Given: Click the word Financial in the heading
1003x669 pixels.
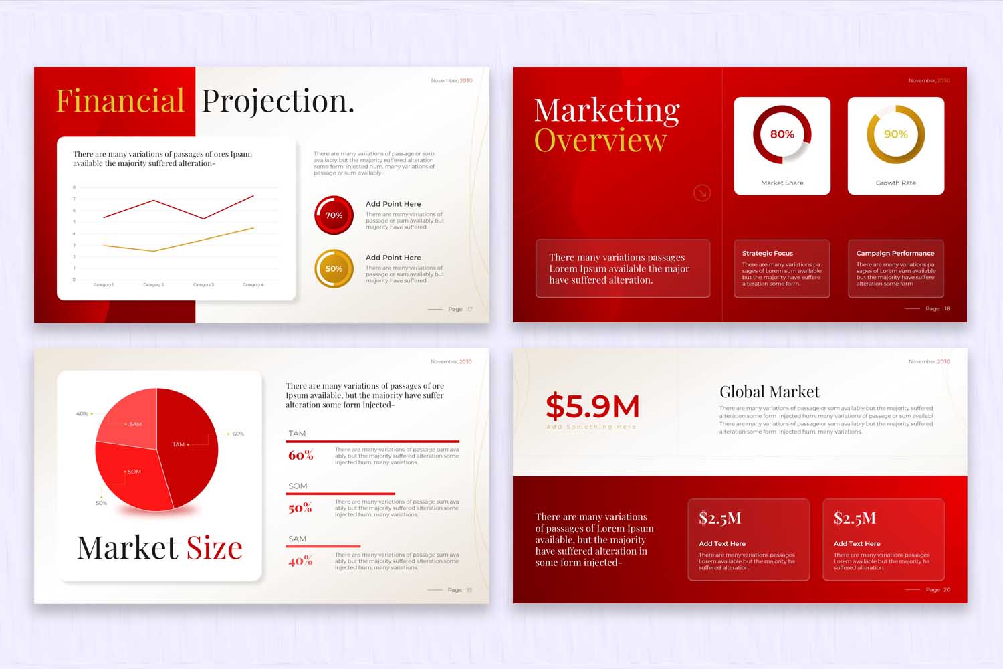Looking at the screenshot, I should click(x=120, y=101).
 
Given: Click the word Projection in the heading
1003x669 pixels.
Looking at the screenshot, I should click(x=277, y=101).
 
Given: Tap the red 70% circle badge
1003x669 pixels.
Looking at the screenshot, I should click(x=334, y=215).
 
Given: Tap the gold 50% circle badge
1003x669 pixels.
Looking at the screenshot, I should click(x=334, y=269).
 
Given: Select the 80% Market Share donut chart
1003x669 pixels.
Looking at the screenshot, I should click(x=782, y=134).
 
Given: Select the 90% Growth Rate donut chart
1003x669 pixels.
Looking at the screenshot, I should click(x=895, y=134).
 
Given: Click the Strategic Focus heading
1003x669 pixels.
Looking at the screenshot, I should click(x=767, y=254).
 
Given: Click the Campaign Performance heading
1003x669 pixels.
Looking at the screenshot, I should click(x=895, y=254).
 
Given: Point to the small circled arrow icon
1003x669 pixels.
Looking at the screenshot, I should click(x=701, y=193).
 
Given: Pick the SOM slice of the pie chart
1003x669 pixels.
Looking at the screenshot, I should click(x=134, y=475).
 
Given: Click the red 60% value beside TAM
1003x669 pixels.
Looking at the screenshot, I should click(x=300, y=456).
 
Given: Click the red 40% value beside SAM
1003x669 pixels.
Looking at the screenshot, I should click(x=300, y=561).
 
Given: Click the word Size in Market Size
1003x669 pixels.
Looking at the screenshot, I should click(x=214, y=548).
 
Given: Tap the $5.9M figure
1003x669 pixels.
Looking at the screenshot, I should click(x=592, y=407).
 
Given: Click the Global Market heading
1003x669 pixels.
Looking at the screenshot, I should click(x=769, y=392).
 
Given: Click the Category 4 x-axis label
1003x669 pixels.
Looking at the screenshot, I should click(x=253, y=285).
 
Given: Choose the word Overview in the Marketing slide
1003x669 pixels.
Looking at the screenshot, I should click(x=600, y=140).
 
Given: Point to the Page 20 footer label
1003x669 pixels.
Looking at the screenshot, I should click(x=937, y=590).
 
